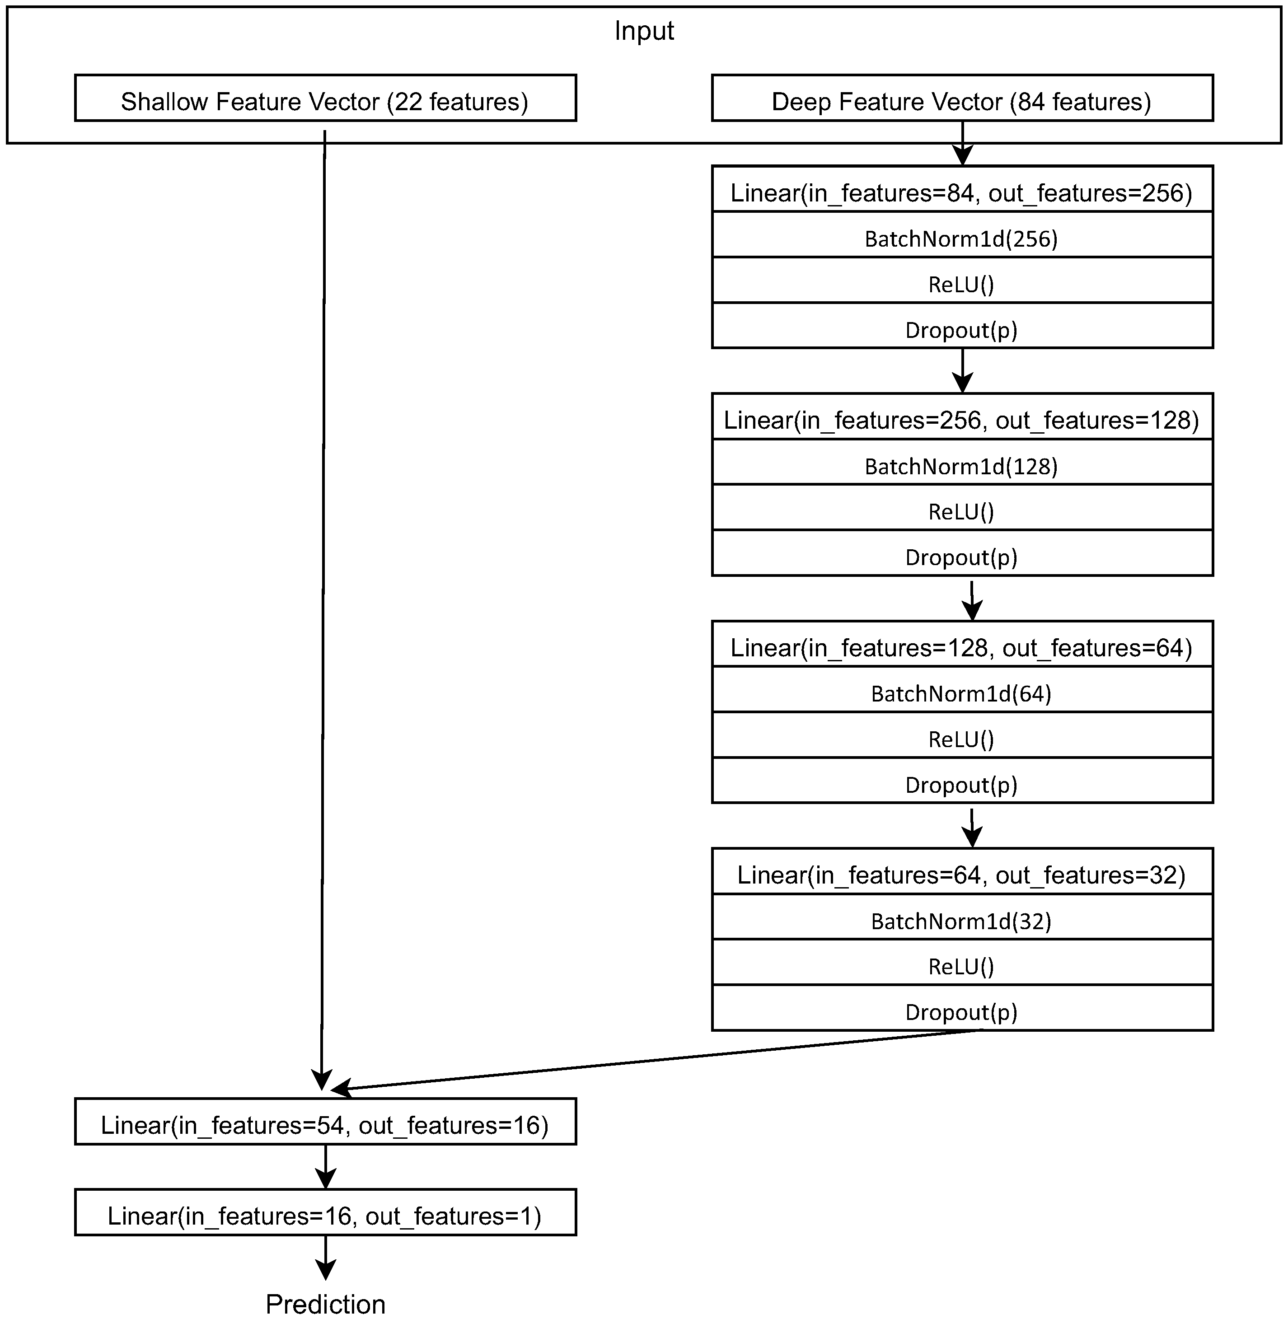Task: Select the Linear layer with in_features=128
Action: (x=961, y=647)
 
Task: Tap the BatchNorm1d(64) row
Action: (x=961, y=693)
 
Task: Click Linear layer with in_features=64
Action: (x=961, y=875)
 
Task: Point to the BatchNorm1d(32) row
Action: (x=961, y=921)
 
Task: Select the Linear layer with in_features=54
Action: (x=325, y=1125)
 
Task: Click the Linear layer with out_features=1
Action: (x=325, y=1216)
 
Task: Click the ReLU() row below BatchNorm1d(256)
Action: (x=961, y=284)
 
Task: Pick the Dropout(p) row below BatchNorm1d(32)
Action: (x=961, y=1012)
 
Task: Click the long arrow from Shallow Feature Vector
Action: (x=323, y=609)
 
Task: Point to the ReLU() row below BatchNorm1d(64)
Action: (x=961, y=739)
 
